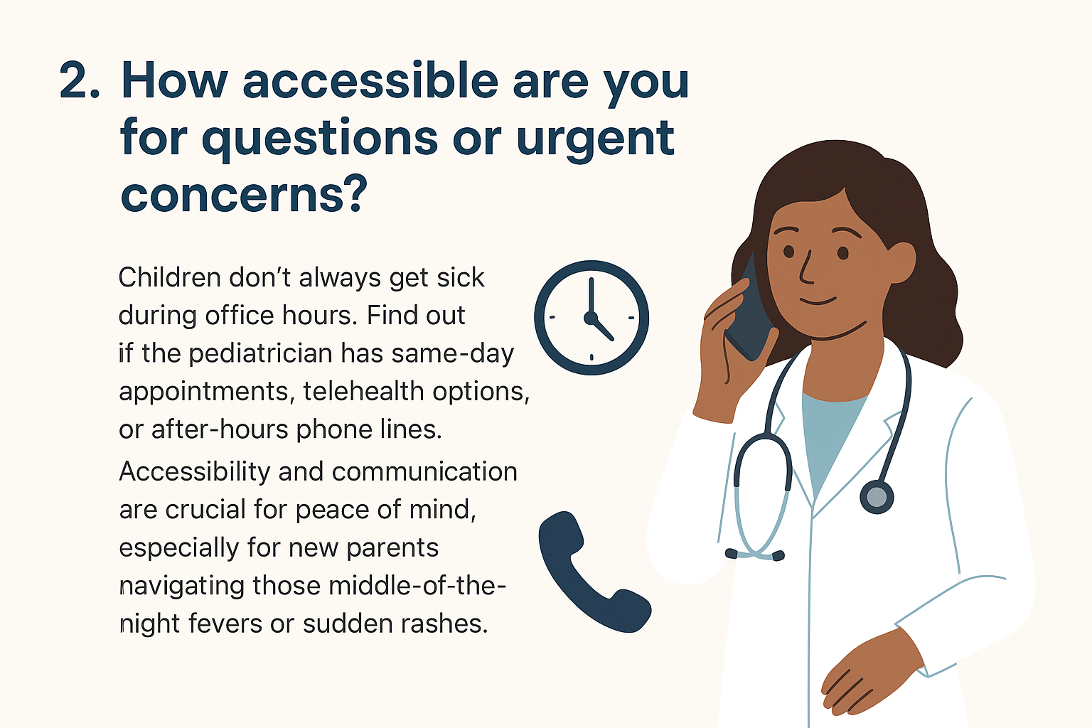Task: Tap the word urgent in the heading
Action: [x=595, y=140]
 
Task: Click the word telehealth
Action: [x=363, y=391]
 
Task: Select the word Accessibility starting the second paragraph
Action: [x=195, y=473]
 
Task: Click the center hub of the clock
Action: [x=591, y=318]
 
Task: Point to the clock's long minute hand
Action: [x=591, y=297]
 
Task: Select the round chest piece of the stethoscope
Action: [x=877, y=498]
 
